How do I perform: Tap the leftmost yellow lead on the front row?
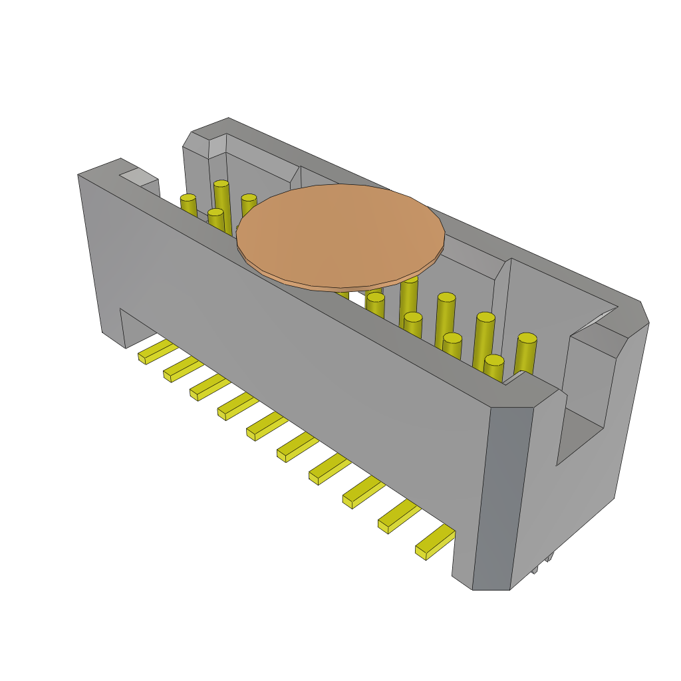(157, 351)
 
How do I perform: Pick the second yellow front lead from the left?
(183, 368)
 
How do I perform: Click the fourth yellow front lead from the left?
(237, 406)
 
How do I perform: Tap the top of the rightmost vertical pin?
(527, 338)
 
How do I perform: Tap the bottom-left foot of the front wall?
(113, 335)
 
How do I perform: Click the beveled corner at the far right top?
(644, 313)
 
